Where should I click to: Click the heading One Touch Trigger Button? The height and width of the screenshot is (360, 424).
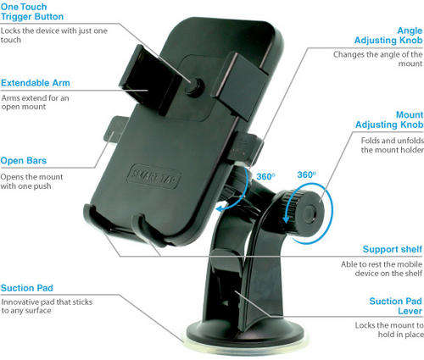click(x=32, y=12)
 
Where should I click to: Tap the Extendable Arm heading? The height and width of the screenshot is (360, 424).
click(x=36, y=83)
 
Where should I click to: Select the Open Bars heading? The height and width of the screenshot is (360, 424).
click(x=24, y=161)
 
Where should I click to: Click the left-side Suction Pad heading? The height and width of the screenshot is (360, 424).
click(x=27, y=288)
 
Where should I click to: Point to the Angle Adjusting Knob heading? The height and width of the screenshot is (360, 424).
click(x=388, y=36)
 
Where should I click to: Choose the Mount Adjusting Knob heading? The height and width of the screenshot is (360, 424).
click(x=389, y=119)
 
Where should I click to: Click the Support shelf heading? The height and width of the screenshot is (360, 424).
click(x=393, y=249)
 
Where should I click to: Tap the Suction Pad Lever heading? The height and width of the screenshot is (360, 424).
click(x=395, y=306)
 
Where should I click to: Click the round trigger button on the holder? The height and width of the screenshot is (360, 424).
click(x=195, y=86)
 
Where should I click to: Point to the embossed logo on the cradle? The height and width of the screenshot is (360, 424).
click(x=153, y=176)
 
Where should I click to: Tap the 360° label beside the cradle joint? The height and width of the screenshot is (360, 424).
click(x=265, y=177)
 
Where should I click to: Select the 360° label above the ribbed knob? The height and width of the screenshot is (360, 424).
click(x=306, y=174)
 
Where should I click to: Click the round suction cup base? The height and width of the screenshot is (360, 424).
click(x=245, y=336)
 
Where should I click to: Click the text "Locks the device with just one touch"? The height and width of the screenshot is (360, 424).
click(x=54, y=36)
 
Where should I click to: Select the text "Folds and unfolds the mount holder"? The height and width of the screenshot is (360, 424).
click(x=392, y=145)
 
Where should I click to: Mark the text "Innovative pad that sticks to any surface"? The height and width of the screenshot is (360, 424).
click(x=47, y=307)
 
